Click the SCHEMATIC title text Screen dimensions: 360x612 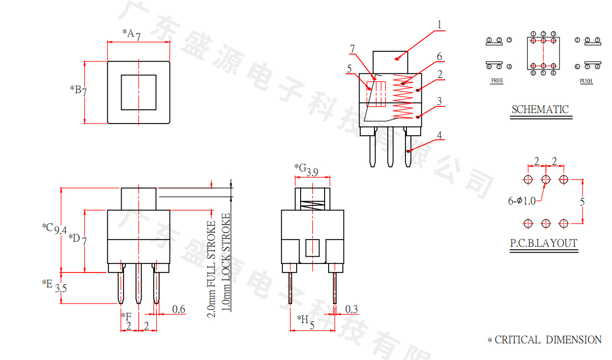pyautogui.click(x=540, y=109)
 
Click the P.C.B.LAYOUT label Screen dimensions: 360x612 pyautogui.click(x=544, y=243)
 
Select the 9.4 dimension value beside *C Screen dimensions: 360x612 pyautogui.click(x=61, y=230)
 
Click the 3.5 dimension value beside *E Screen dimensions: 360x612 pyautogui.click(x=61, y=288)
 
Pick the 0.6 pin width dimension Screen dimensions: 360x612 pyautogui.click(x=179, y=309)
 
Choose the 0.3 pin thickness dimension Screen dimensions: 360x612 pyautogui.click(x=352, y=309)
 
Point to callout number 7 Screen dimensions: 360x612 pyautogui.click(x=352, y=49)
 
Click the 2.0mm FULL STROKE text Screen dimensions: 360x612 pyautogui.click(x=212, y=269)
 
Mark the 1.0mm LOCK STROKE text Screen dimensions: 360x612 pyautogui.click(x=226, y=262)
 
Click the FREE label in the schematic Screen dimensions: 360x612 pyautogui.click(x=497, y=81)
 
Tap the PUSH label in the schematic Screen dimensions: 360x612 pyautogui.click(x=586, y=81)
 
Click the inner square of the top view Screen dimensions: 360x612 pyautogui.click(x=138, y=92)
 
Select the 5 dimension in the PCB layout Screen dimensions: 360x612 pyautogui.click(x=582, y=201)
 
